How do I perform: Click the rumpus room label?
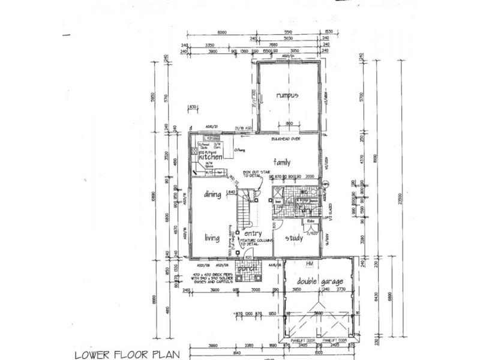point(287,96)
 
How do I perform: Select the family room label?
point(282,162)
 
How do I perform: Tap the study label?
point(293,237)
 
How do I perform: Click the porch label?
point(247,269)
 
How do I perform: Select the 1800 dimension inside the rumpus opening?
point(288,124)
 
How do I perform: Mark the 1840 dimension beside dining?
point(230,192)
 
